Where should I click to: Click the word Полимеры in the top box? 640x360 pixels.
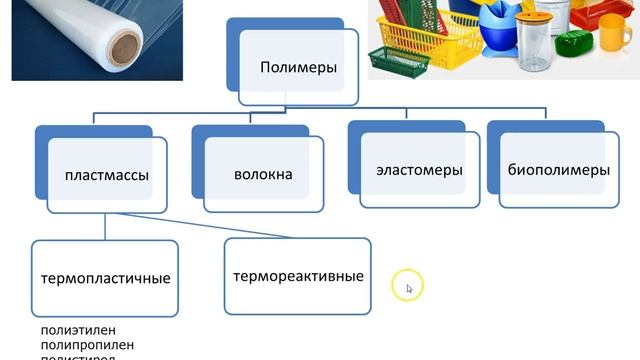click(297, 68)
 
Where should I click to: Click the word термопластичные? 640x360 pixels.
click(105, 278)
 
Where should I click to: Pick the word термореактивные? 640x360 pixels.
click(297, 275)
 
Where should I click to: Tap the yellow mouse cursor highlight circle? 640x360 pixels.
click(408, 286)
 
